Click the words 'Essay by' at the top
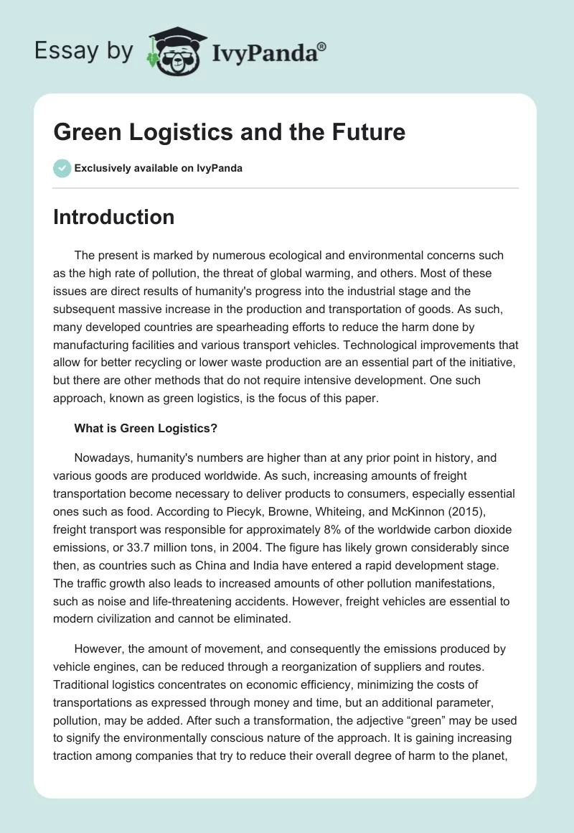pos(85,51)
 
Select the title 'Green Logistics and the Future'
pos(229,132)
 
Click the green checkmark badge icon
pos(62,168)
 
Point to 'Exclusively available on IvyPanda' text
pos(158,168)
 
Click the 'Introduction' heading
pos(113,217)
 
